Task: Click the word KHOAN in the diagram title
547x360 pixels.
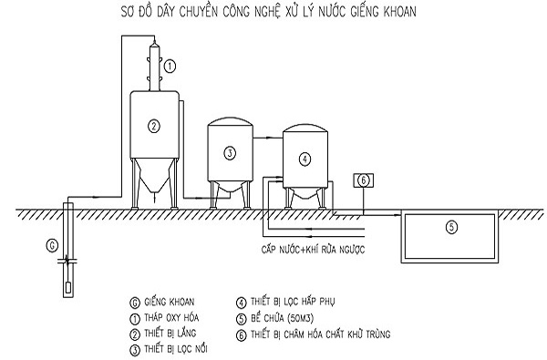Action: (x=400, y=12)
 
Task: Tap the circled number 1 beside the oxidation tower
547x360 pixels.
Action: (x=170, y=66)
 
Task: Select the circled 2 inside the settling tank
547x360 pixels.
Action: (x=154, y=126)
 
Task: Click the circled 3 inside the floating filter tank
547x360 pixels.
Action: (x=230, y=153)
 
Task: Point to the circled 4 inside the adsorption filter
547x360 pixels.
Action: (x=304, y=159)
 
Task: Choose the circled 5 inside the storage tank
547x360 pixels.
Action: (x=451, y=227)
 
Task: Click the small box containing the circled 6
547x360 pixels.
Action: (x=364, y=180)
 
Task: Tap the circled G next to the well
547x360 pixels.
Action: (x=52, y=245)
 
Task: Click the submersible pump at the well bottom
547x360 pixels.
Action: (x=68, y=287)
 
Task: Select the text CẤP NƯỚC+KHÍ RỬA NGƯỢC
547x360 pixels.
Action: (x=313, y=250)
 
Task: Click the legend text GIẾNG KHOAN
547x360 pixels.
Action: (x=170, y=302)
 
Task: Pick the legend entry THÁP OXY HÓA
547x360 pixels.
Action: (x=171, y=318)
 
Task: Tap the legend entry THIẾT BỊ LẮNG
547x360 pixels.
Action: (x=170, y=334)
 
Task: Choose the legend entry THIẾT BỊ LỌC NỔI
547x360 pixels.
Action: (x=175, y=349)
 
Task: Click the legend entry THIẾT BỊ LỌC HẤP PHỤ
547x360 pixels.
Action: (x=293, y=302)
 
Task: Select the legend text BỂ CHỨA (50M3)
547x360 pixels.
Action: (x=282, y=318)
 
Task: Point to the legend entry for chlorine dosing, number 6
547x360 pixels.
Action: (x=320, y=334)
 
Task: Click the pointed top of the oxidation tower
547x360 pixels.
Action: (x=154, y=41)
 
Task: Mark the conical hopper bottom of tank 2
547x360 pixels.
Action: (x=154, y=176)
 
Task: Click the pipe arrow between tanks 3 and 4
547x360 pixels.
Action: (x=267, y=139)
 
